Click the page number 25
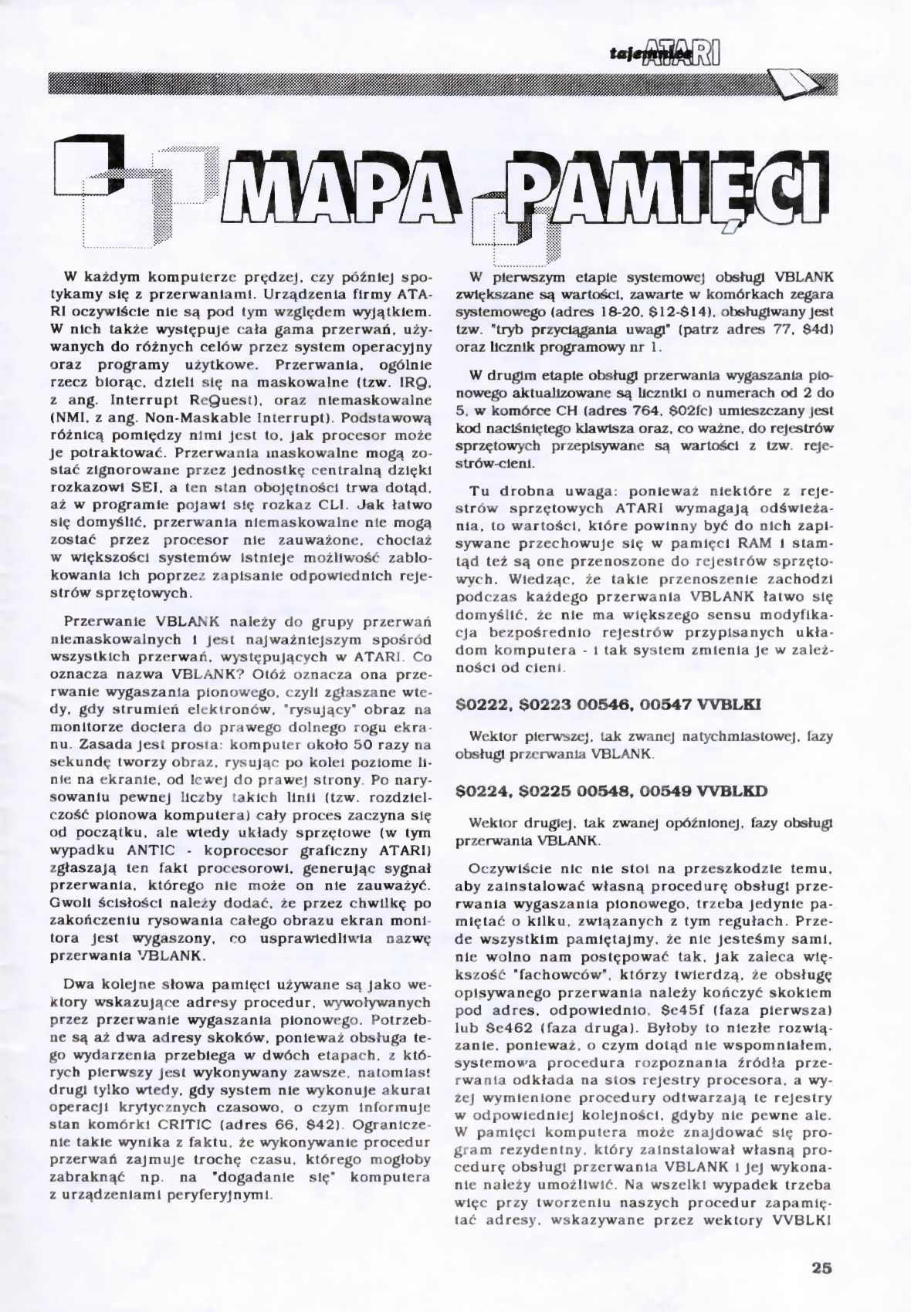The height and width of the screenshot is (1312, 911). (x=821, y=1267)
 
